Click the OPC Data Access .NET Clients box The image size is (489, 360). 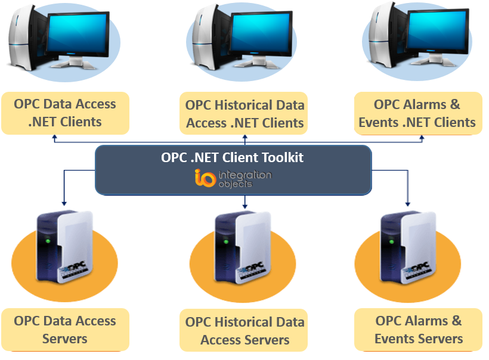click(65, 113)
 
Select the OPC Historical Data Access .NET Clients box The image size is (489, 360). click(244, 114)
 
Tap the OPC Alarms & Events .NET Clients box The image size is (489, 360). click(417, 113)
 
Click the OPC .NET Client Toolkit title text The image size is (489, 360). click(233, 158)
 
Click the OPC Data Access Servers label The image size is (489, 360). click(65, 330)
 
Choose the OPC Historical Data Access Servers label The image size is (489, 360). click(244, 331)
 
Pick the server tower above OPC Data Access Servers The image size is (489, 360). click(66, 247)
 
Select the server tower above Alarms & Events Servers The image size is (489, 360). click(408, 247)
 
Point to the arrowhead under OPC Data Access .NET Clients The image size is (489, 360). click(54, 138)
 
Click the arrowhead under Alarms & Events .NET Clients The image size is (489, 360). click(422, 138)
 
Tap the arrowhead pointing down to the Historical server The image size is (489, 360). click(244, 206)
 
